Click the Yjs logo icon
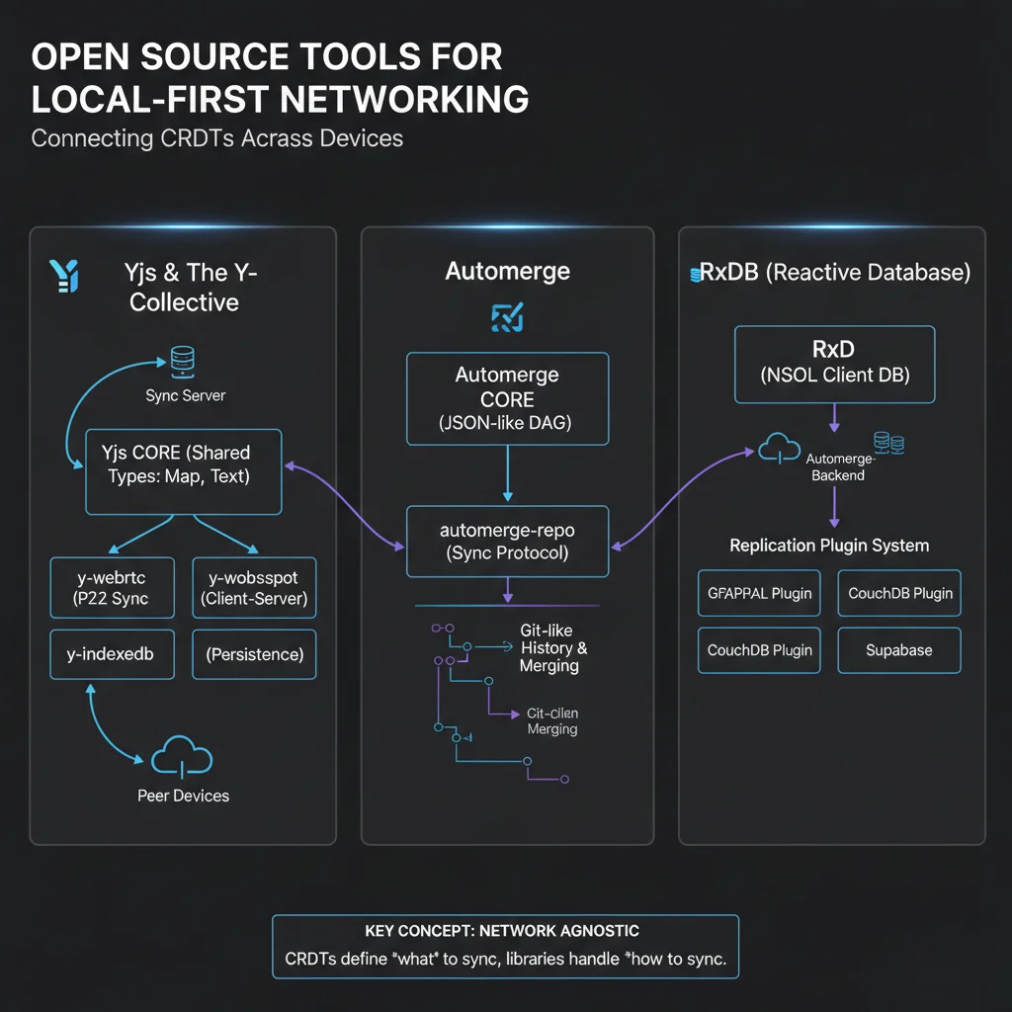click(x=62, y=277)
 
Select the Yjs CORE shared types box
click(x=184, y=471)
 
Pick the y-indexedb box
click(x=112, y=654)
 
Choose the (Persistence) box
click(x=254, y=654)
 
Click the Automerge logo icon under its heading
click(x=507, y=317)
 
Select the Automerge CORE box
click(x=507, y=399)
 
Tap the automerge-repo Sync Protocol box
click(x=507, y=542)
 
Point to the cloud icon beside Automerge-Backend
click(x=780, y=450)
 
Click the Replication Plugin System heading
click(x=829, y=546)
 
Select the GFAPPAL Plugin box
click(x=759, y=593)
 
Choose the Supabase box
click(x=899, y=651)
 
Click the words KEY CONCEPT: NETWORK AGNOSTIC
click(x=502, y=931)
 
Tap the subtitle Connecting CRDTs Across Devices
click(x=217, y=137)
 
